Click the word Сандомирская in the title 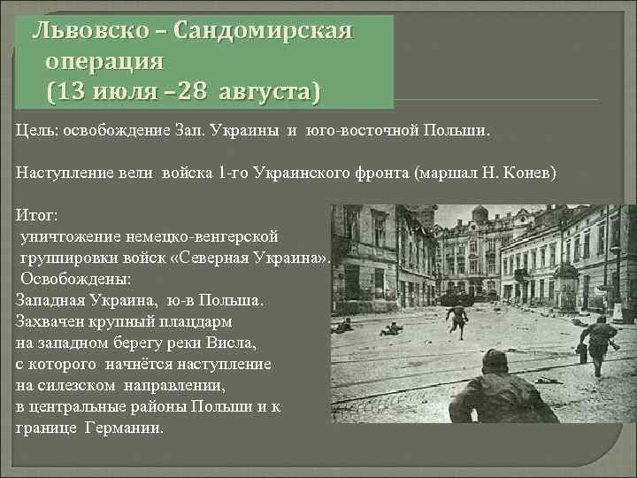point(264,32)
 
